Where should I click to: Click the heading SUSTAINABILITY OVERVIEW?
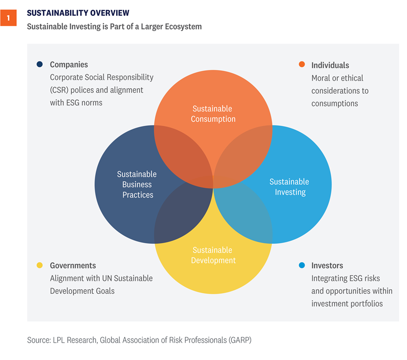pyautogui.click(x=78, y=12)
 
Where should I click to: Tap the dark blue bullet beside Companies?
pyautogui.click(x=39, y=65)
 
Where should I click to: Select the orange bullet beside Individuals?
pyautogui.click(x=302, y=65)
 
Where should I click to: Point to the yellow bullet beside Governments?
pyautogui.click(x=39, y=265)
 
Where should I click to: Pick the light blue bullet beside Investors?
pyautogui.click(x=302, y=265)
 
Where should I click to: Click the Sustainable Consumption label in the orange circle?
pyautogui.click(x=213, y=114)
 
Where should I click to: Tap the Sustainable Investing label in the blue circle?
pyautogui.click(x=289, y=187)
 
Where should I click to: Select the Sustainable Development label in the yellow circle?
pyautogui.click(x=213, y=255)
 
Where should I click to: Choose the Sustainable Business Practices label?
pyautogui.click(x=138, y=184)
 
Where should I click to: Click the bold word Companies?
pyautogui.click(x=69, y=65)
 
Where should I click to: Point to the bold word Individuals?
pyautogui.click(x=330, y=65)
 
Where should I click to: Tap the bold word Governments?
pyautogui.click(x=73, y=265)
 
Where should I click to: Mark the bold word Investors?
pyautogui.click(x=327, y=265)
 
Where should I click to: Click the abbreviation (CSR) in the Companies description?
pyautogui.click(x=60, y=90)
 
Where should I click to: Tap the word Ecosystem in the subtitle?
pyautogui.click(x=181, y=26)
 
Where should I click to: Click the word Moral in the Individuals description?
pyautogui.click(x=321, y=78)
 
